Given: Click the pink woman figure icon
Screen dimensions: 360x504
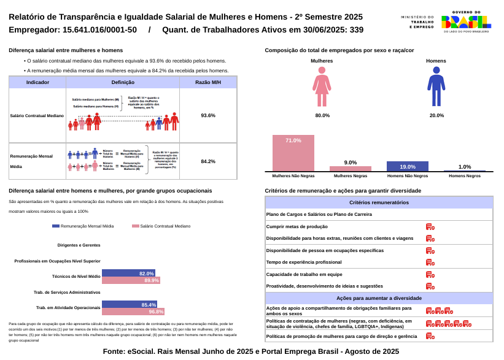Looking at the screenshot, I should point(322,86).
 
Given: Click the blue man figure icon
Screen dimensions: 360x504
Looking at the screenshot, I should point(436,86).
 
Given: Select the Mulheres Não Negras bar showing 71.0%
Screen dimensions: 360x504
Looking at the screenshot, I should point(293,153).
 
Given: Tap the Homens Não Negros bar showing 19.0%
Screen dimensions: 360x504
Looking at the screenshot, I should point(407,166).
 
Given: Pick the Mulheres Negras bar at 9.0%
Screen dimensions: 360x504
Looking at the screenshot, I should point(350,169).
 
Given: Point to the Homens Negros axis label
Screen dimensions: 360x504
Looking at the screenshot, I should point(465,176).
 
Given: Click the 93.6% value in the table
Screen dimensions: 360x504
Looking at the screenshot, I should point(208,115).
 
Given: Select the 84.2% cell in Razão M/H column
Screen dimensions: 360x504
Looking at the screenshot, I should point(208,161).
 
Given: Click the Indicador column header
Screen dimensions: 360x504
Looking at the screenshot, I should point(37,82).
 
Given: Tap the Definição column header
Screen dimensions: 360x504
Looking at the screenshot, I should point(123,82).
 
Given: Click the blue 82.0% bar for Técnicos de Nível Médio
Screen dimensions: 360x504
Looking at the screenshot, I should point(128,274).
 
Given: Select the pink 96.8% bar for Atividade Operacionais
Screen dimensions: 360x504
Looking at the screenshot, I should point(133,312).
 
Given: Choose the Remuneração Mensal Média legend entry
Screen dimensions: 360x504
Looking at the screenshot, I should point(83,226).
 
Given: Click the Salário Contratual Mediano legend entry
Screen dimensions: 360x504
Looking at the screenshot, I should point(161,226).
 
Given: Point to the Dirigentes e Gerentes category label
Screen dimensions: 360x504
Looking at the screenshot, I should point(79,245).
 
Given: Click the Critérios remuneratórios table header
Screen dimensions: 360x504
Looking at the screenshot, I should point(379,202).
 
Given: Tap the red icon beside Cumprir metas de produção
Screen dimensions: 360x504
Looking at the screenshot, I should point(430,227).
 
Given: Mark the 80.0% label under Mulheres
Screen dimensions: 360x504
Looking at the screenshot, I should point(322,115).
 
